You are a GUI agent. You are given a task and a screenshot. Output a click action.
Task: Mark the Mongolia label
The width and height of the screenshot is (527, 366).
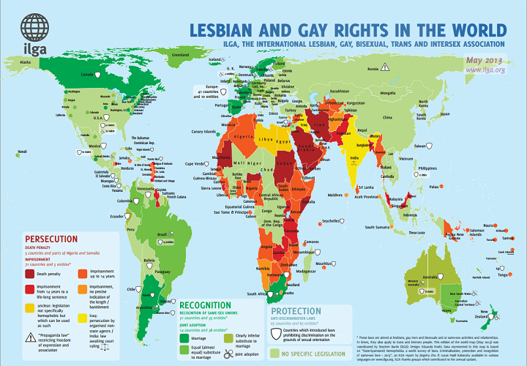click(x=408, y=94)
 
